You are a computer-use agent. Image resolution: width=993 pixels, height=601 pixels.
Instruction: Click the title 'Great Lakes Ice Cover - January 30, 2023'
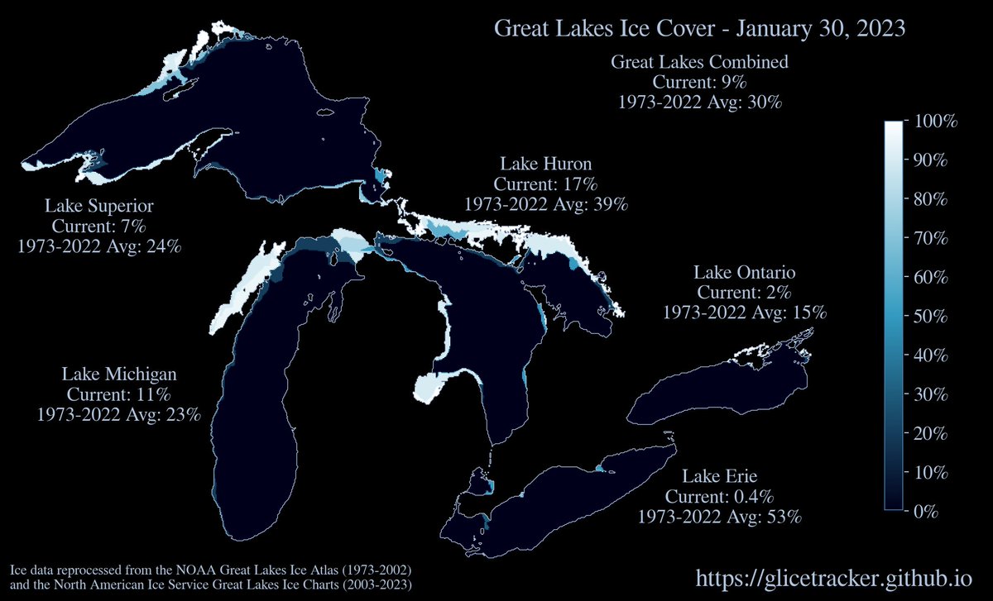pos(699,28)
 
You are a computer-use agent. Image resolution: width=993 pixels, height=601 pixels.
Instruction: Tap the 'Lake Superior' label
pos(99,206)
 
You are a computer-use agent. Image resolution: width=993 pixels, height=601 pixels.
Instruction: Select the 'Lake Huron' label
pos(546,163)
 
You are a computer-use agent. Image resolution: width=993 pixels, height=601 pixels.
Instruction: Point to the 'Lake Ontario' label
pos(745,272)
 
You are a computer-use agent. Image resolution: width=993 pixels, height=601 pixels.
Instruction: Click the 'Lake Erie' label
pos(720,476)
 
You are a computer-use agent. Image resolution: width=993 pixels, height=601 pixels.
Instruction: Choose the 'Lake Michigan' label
pos(119,374)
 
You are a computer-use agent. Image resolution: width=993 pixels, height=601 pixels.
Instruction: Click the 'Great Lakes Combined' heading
pos(699,62)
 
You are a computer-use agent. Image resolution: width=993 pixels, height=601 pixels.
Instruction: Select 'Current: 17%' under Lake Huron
pos(546,183)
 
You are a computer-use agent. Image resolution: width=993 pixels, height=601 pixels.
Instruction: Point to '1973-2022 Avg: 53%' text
pos(720,518)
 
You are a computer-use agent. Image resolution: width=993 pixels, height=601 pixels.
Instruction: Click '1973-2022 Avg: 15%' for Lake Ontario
pos(745,312)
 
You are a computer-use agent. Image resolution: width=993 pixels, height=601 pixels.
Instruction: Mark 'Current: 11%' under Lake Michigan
pos(119,394)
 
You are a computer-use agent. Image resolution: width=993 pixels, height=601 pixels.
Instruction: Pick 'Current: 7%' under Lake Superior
pos(99,226)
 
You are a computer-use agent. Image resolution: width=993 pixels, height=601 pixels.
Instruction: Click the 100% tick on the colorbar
pos(934,122)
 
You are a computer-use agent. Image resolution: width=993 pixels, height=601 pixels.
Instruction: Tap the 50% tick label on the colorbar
pos(931,317)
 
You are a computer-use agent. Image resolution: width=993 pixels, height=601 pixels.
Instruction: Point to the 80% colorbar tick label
pos(931,200)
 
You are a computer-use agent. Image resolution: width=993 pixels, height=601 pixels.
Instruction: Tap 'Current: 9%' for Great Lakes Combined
pos(699,83)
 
